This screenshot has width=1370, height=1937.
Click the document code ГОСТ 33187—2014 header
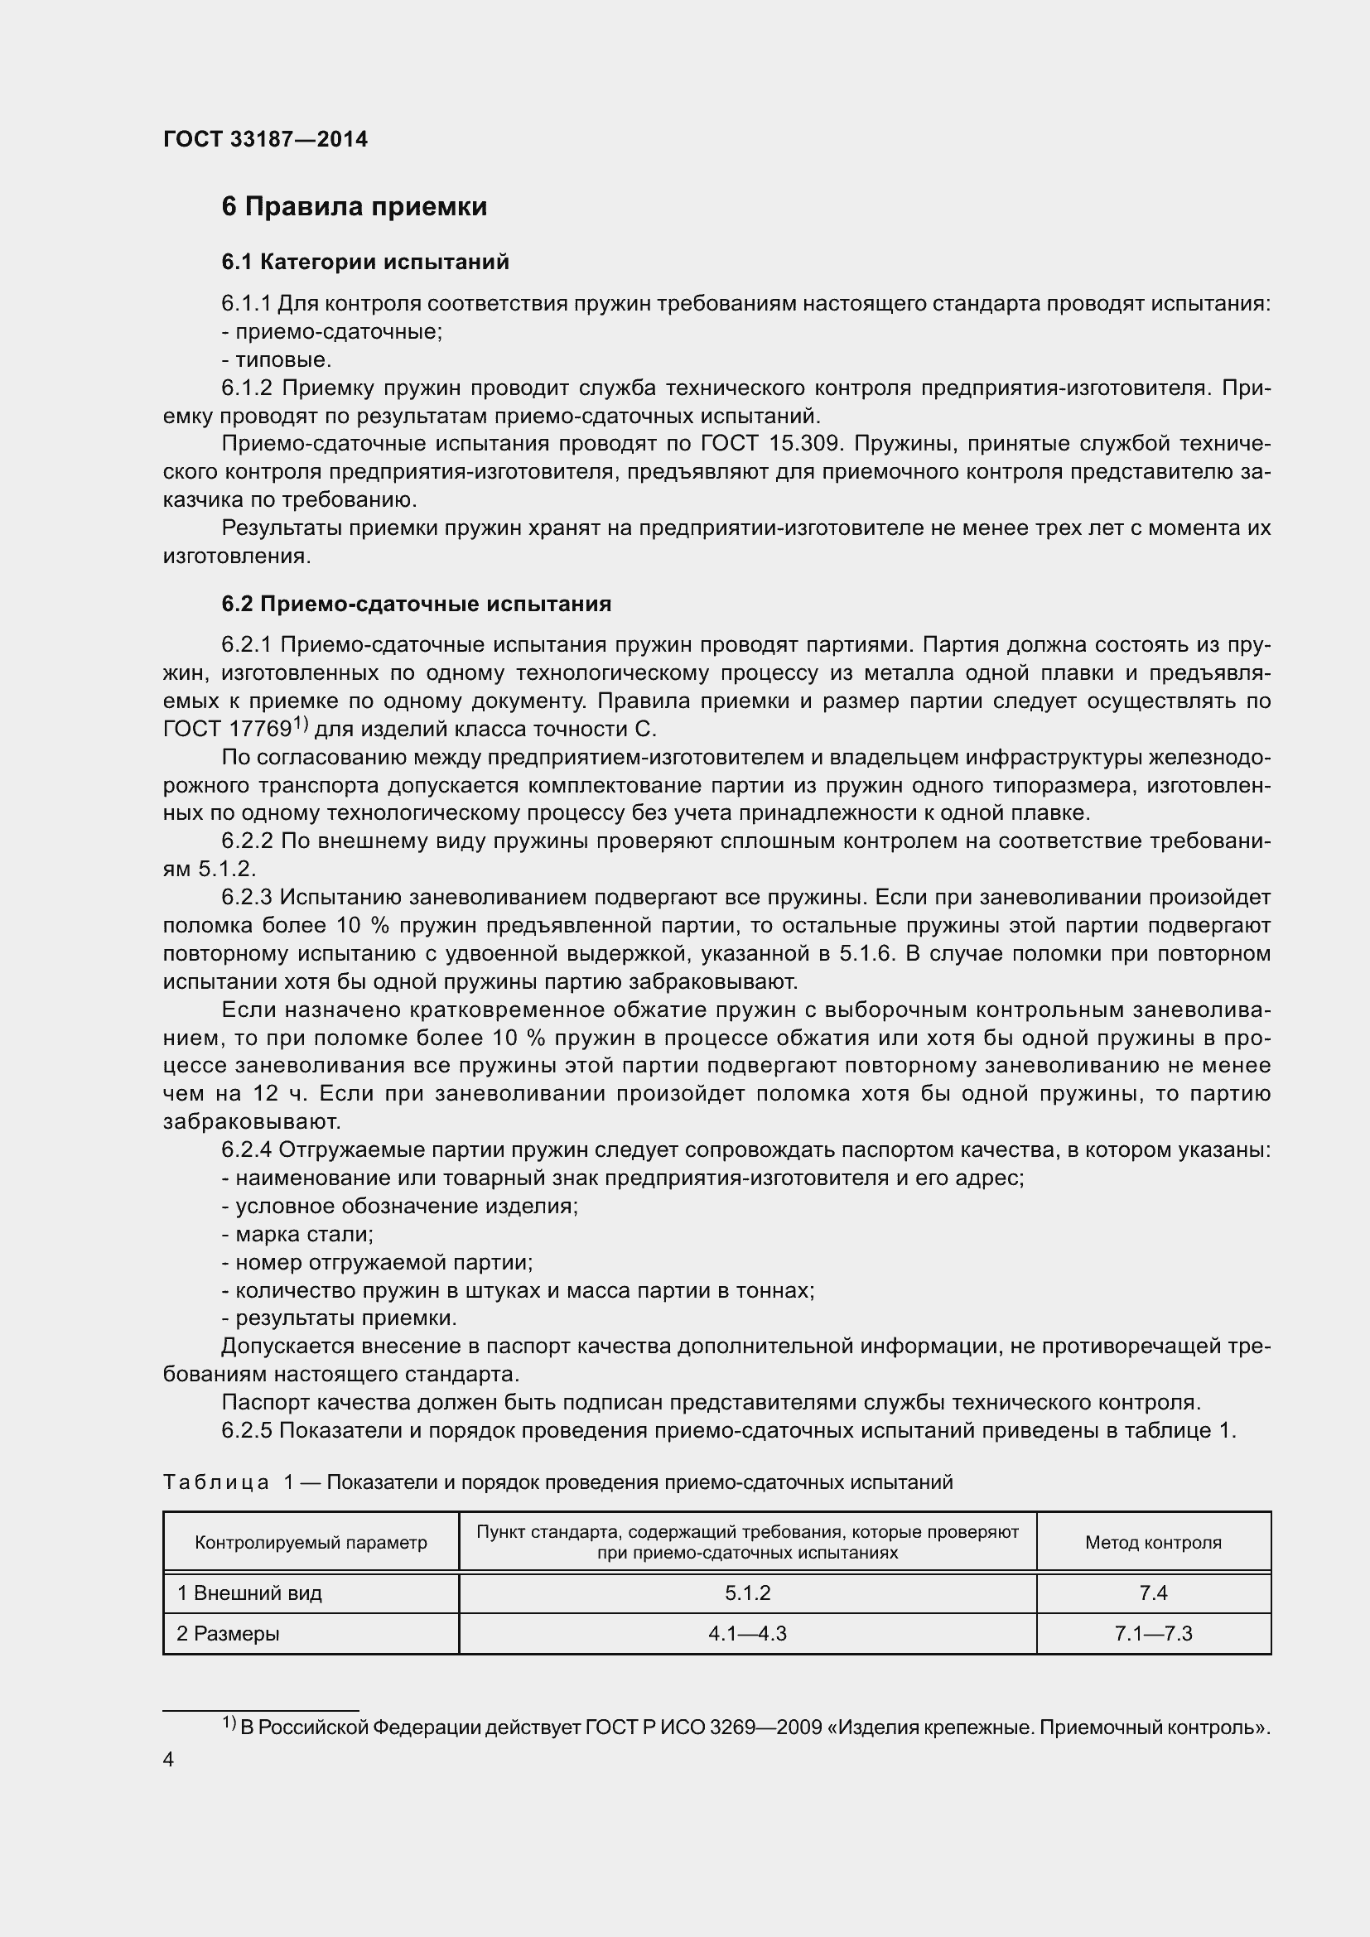(x=265, y=139)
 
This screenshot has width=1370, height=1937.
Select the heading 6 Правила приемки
(x=355, y=207)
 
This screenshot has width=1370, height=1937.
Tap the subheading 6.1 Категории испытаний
(x=365, y=263)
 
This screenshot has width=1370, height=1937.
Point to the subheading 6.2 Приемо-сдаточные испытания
(x=416, y=604)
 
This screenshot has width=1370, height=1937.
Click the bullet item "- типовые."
(x=277, y=360)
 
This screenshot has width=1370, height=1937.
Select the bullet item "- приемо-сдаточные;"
(x=331, y=331)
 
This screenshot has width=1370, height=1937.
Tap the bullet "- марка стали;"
(x=297, y=1234)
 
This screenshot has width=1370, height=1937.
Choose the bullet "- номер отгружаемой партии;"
(x=377, y=1262)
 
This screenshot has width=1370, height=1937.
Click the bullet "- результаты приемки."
(x=339, y=1318)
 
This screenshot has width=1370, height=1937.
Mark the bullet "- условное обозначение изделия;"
(x=400, y=1206)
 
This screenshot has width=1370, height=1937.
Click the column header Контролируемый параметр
(x=311, y=1543)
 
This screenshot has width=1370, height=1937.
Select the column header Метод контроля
(x=1152, y=1543)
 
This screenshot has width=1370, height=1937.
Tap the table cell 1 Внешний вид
(x=249, y=1592)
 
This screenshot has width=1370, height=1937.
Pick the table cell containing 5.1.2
(x=747, y=1592)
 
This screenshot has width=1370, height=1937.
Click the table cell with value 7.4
(x=1152, y=1592)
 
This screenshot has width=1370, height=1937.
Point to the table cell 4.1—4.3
(x=747, y=1633)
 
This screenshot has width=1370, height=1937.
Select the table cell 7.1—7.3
(x=1152, y=1633)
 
